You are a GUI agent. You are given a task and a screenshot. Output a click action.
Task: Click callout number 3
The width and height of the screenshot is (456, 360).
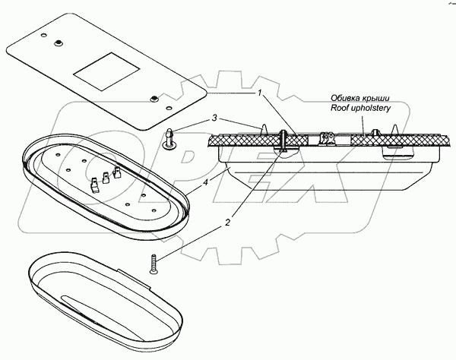click(215, 118)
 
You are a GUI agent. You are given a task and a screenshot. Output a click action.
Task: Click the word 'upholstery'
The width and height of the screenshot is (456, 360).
click(375, 108)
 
